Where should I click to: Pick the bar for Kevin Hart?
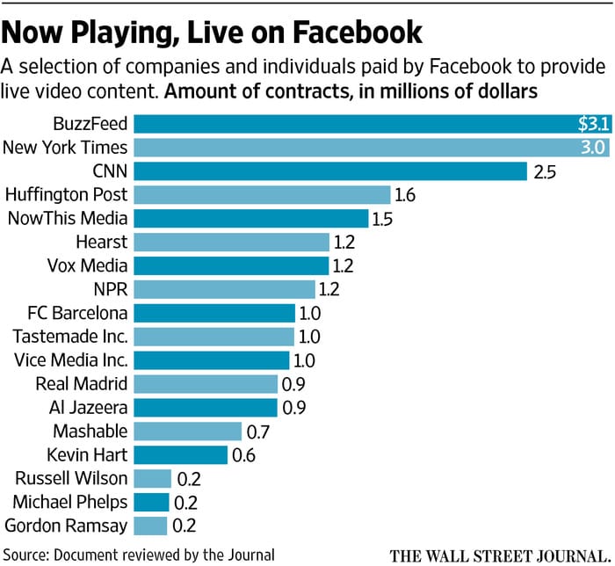point(181,454)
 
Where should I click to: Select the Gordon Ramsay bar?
point(150,526)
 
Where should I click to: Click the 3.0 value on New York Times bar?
point(591,147)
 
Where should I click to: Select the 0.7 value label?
point(258,431)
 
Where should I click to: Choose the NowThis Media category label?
point(67,218)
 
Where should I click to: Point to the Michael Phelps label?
point(69,502)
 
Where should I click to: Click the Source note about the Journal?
point(139,555)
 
